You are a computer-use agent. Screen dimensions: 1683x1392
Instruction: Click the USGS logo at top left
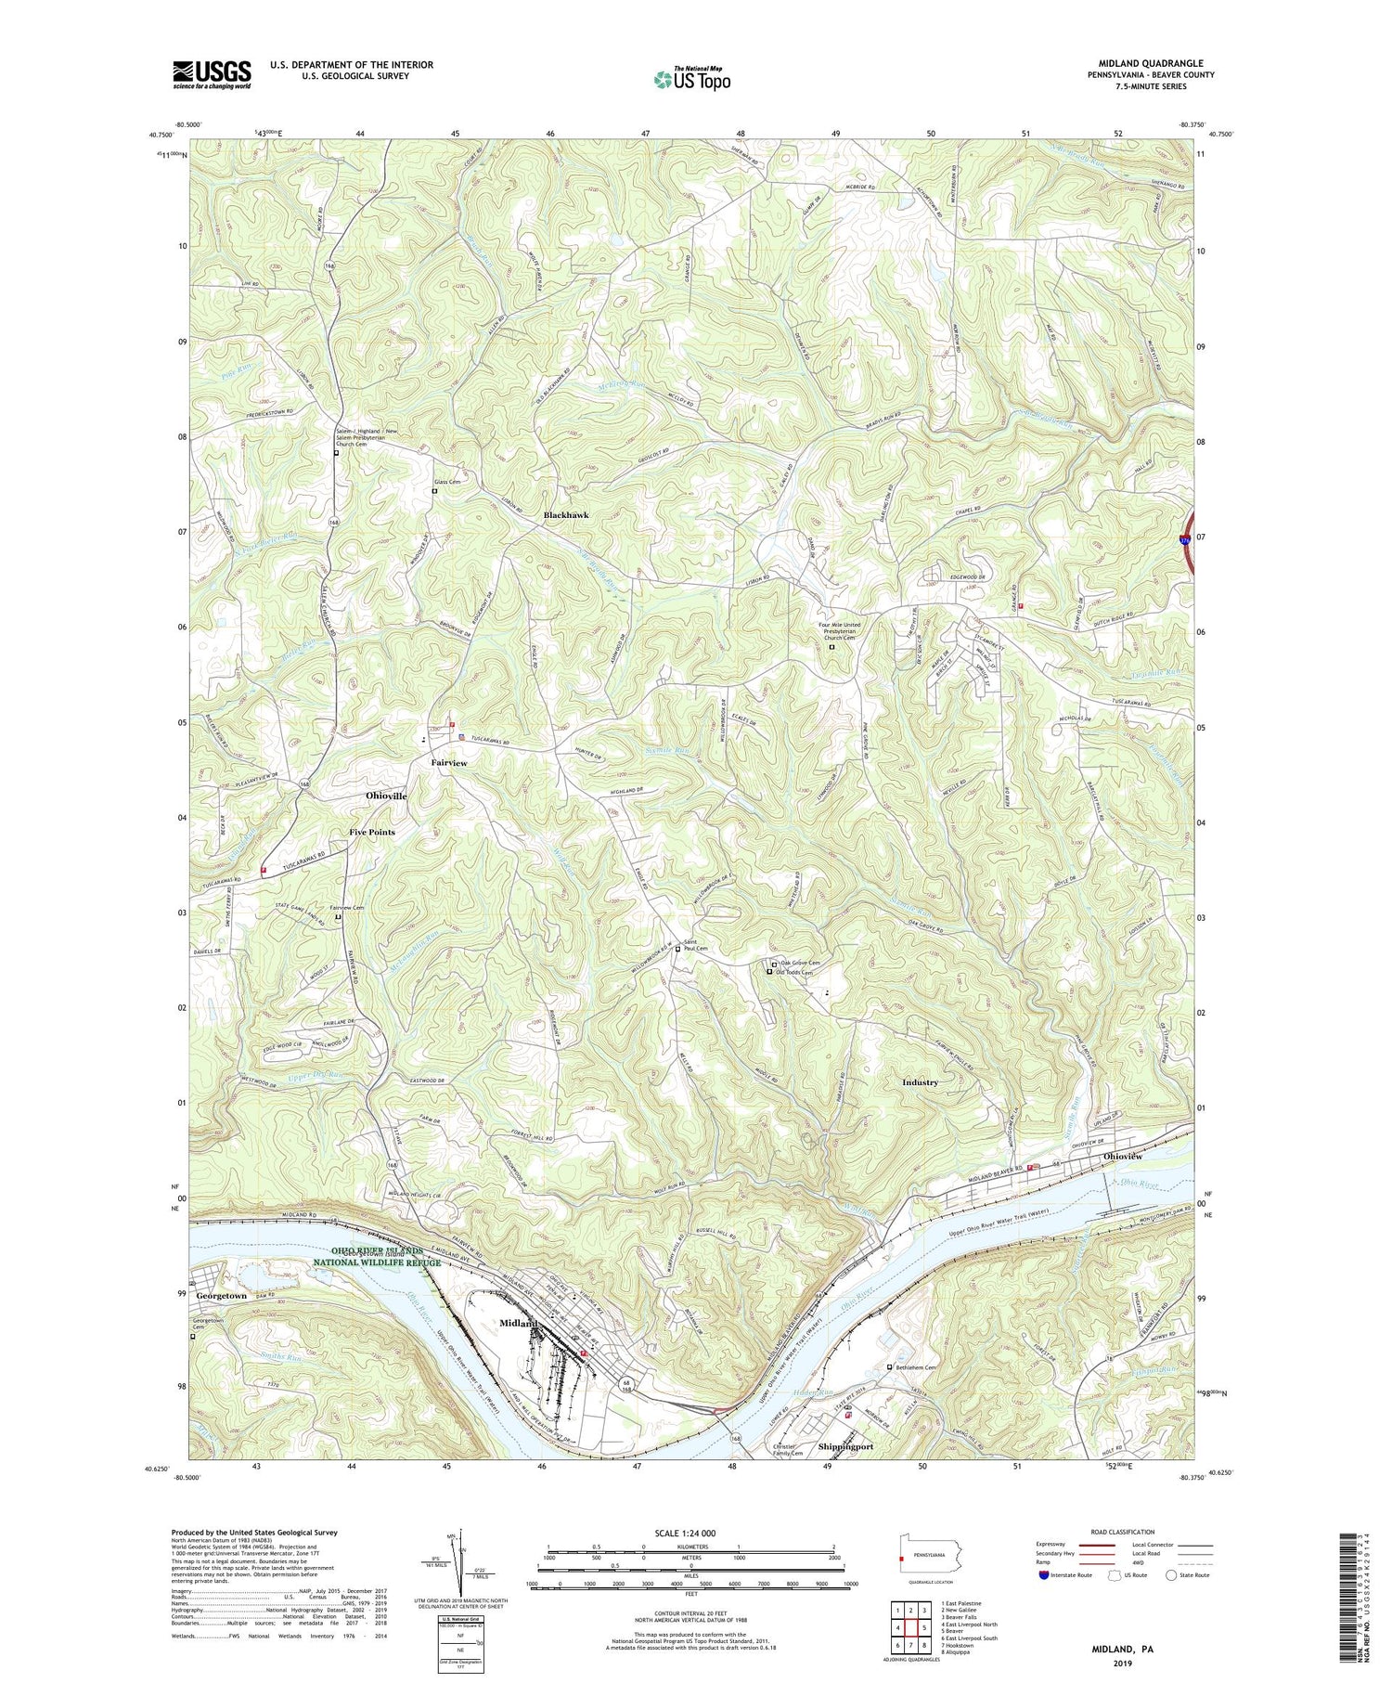(x=212, y=73)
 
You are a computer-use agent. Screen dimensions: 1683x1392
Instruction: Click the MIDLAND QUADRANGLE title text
(x=1141, y=64)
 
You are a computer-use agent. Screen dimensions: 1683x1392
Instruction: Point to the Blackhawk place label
(x=566, y=514)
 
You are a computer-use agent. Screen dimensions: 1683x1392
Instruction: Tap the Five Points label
(x=371, y=832)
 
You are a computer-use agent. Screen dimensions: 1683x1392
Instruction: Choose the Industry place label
(x=920, y=1082)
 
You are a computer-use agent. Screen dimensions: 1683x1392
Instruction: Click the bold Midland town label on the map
(x=519, y=1323)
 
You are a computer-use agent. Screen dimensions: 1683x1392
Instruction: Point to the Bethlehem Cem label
(x=921, y=1367)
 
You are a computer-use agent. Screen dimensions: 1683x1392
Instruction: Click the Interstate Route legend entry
(x=1076, y=1575)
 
